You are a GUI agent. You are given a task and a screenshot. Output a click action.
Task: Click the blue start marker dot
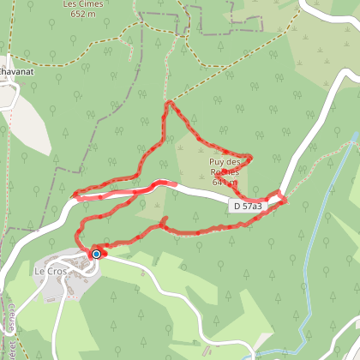coord(97,254)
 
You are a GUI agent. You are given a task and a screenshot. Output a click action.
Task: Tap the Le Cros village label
coord(51,272)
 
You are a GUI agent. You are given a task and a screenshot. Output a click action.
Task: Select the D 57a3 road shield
coord(248,207)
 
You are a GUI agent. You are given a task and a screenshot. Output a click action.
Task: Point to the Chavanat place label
coord(15,71)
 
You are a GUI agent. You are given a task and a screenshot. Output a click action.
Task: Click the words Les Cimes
coord(81,3)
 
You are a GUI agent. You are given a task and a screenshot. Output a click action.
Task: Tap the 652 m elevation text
coord(81,14)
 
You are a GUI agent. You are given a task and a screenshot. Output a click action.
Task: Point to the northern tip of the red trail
coord(170,102)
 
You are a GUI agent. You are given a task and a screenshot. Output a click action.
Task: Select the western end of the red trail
coord(75,196)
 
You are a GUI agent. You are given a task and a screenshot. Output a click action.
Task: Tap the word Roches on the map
coord(225,171)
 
